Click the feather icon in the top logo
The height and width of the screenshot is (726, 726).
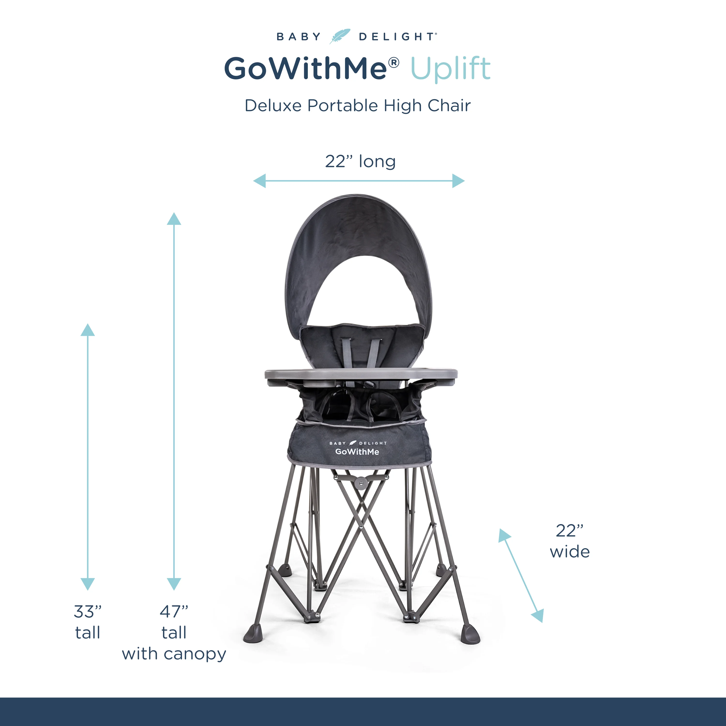tap(340, 36)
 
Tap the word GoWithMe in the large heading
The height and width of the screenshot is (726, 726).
tap(305, 69)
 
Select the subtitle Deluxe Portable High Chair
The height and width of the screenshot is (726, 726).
tap(357, 106)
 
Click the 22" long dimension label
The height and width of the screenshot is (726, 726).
tap(360, 162)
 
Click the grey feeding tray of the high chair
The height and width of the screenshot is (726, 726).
tap(361, 374)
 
